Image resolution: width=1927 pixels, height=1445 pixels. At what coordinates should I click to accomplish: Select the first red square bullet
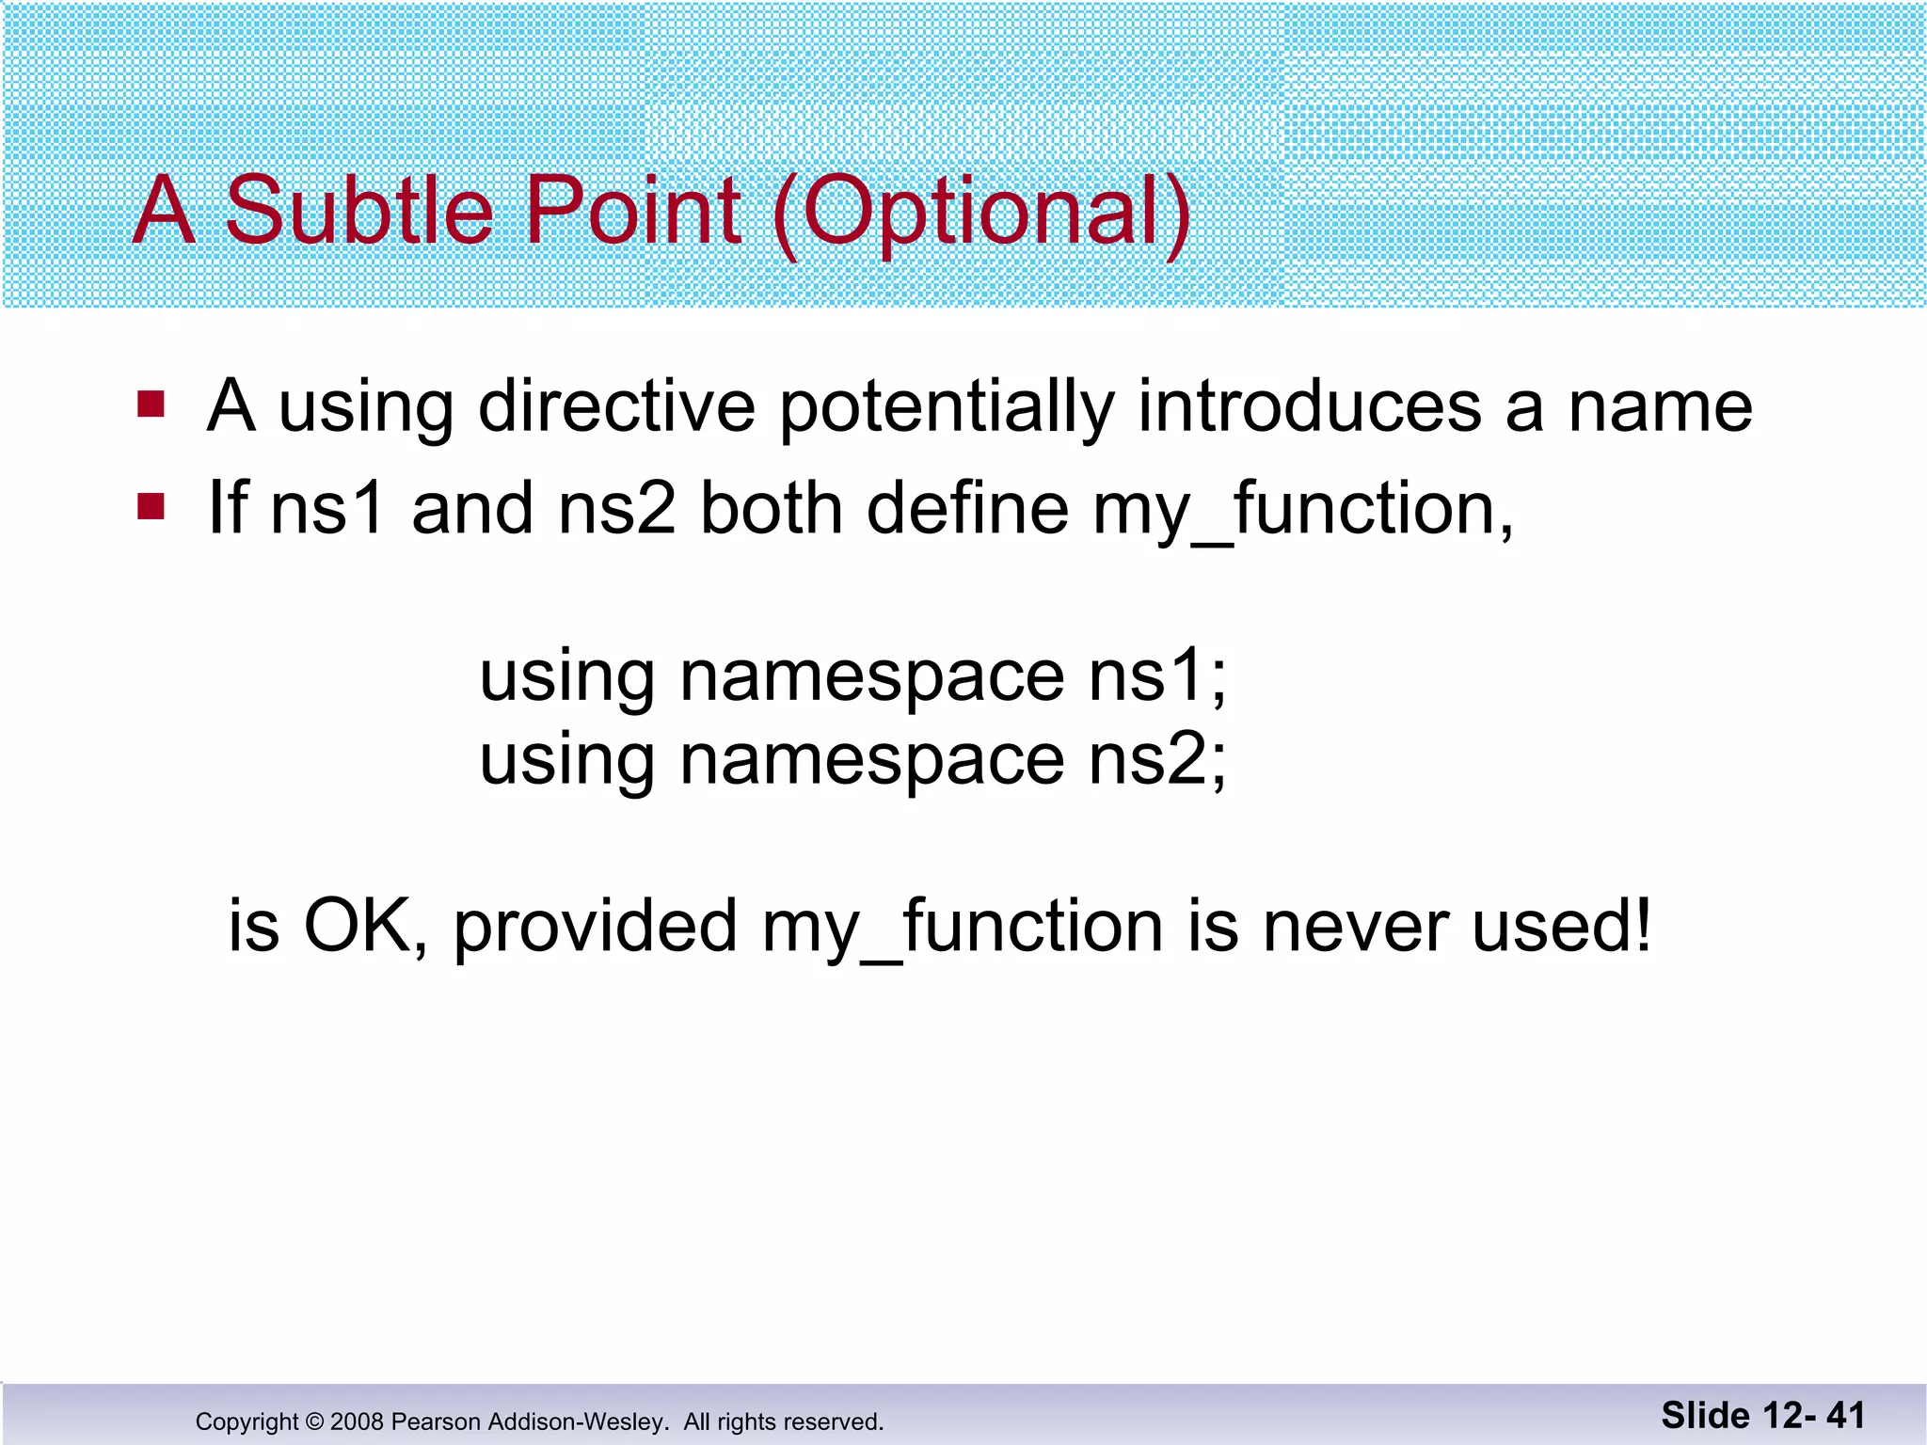pyautogui.click(x=151, y=405)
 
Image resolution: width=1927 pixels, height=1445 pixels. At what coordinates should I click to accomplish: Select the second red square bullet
pyautogui.click(x=151, y=507)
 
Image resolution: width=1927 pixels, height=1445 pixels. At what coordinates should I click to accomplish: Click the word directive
pyautogui.click(x=616, y=406)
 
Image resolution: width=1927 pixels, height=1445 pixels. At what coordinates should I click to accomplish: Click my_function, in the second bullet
pyautogui.click(x=1302, y=511)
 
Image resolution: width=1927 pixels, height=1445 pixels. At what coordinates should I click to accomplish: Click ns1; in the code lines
pyautogui.click(x=1157, y=675)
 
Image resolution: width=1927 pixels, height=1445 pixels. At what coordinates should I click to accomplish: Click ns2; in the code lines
pyautogui.click(x=1157, y=759)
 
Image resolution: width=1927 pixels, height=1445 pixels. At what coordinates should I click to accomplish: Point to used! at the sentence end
pyautogui.click(x=1562, y=927)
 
